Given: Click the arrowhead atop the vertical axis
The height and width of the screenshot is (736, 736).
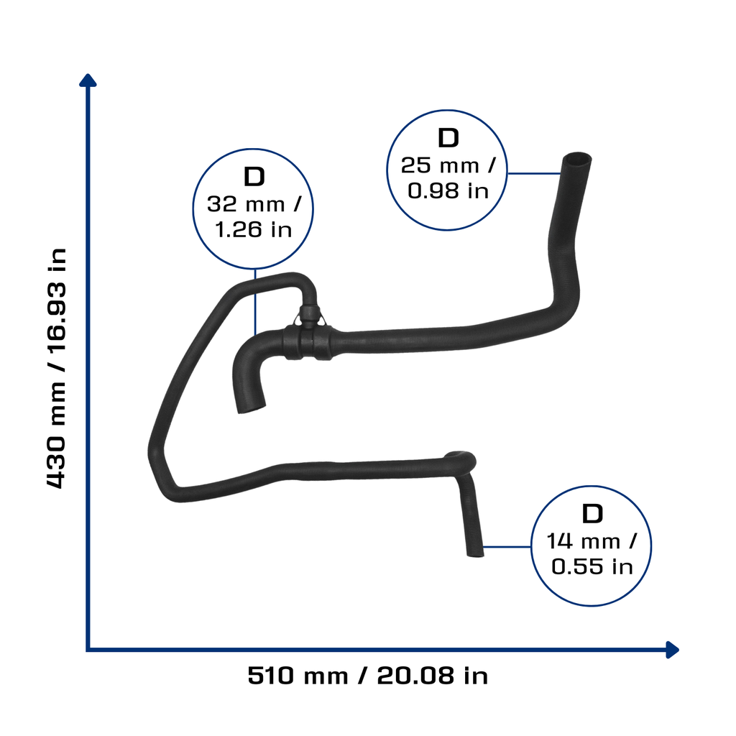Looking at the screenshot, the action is click(88, 80).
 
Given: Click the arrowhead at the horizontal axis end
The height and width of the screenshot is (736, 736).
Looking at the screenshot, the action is click(673, 650).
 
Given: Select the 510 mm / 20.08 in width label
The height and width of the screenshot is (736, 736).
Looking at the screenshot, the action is click(367, 676).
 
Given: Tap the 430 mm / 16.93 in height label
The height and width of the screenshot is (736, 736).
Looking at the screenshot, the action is click(56, 369).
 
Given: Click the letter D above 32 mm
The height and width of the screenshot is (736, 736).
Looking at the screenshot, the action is click(254, 177).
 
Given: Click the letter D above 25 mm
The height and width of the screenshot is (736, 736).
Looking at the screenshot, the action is click(448, 138).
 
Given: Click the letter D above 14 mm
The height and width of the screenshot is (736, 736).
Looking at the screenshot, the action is click(592, 514).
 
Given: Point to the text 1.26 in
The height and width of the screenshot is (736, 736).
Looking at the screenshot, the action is click(254, 229).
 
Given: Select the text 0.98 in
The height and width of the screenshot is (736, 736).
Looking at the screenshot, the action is click(448, 190).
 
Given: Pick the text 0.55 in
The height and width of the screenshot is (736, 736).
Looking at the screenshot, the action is click(592, 566).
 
